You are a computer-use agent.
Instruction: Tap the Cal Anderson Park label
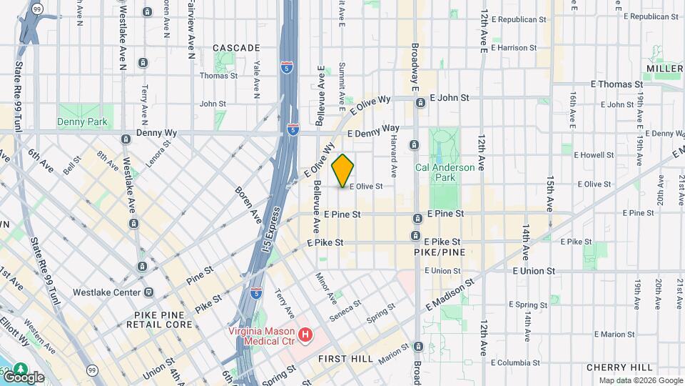click(x=435, y=172)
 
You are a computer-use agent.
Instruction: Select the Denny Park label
click(x=83, y=122)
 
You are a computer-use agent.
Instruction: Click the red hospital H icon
click(x=305, y=334)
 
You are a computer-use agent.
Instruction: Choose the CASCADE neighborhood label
click(x=236, y=48)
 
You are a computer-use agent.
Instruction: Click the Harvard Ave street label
click(x=392, y=158)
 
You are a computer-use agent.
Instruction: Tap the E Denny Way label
click(x=373, y=131)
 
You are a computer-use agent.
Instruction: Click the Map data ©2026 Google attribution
click(x=641, y=380)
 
